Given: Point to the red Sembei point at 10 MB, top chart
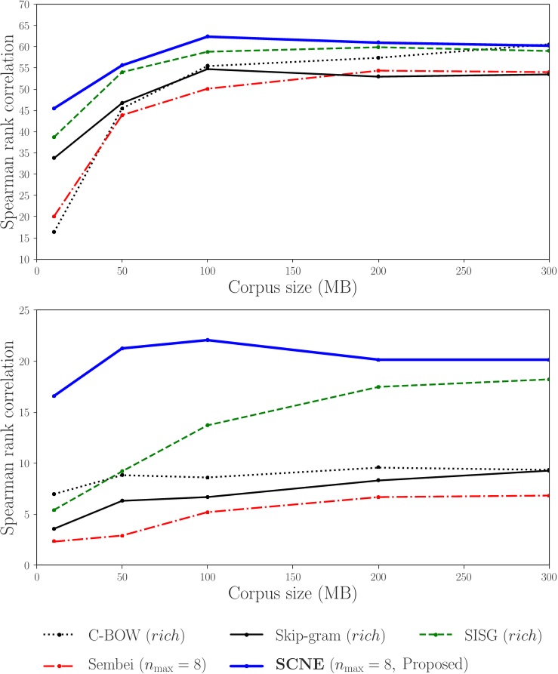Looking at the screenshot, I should pyautogui.click(x=54, y=217).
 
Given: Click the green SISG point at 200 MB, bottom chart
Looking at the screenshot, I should pyautogui.click(x=378, y=386).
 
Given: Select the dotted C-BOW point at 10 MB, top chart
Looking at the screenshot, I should pyautogui.click(x=54, y=232).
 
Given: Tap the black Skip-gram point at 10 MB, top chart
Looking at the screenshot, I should pyautogui.click(x=54, y=158).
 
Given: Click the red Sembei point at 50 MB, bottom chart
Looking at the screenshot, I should pyautogui.click(x=122, y=535).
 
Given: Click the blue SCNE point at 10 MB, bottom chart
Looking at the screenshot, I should pyautogui.click(x=54, y=395).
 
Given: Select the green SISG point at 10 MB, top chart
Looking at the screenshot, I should pyautogui.click(x=54, y=137).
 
